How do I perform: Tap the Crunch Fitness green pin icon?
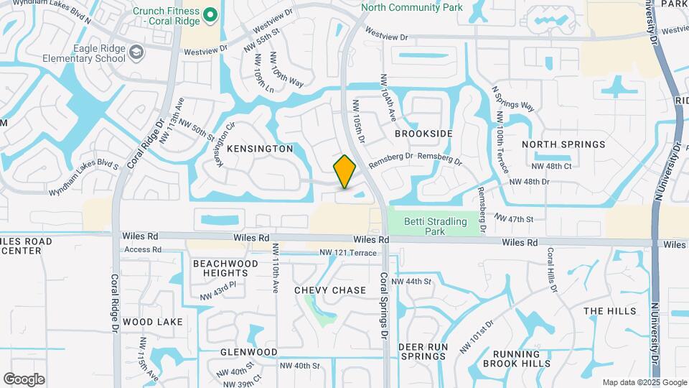point(210,14)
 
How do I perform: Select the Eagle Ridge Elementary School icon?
point(136,52)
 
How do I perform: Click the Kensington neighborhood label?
point(260,149)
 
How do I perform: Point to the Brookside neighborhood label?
point(424,134)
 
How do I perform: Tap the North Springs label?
point(563,144)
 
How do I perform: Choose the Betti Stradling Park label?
point(435,226)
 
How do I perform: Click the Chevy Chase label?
point(330,290)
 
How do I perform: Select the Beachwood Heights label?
point(225,268)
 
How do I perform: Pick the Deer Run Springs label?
point(423,351)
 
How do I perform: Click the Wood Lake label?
point(153,322)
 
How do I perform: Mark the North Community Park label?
point(412,7)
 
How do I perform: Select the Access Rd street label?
point(143,249)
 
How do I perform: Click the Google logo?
point(24,379)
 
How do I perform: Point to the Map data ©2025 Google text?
point(644,382)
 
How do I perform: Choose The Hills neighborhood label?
point(610,311)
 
